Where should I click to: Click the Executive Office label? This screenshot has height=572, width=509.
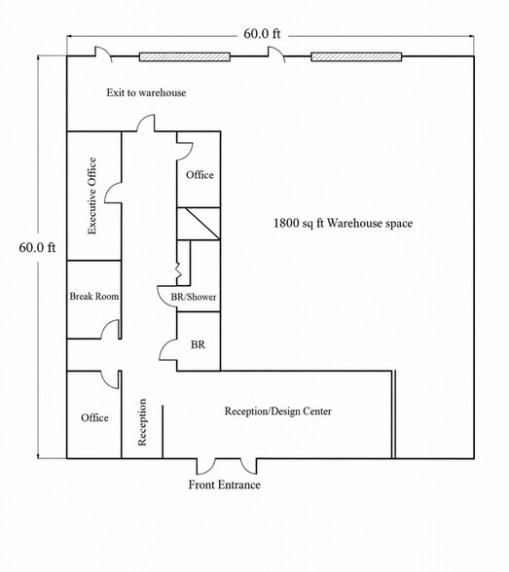coord(92,196)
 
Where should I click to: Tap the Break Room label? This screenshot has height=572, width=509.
coord(94,296)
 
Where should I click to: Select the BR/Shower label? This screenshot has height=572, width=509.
coord(194,297)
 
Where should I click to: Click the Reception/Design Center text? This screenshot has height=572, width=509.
coord(278,411)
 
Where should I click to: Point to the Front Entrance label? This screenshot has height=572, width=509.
coord(225,484)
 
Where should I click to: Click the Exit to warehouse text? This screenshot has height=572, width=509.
coord(146,92)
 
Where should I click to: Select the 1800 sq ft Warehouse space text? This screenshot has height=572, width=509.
coord(343,223)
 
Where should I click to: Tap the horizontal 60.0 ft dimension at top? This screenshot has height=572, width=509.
coord(262,34)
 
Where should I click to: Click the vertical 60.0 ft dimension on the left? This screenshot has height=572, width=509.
coord(37,248)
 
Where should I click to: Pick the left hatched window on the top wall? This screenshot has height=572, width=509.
coord(185,56)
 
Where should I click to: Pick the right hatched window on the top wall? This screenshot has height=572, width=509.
coord(356,56)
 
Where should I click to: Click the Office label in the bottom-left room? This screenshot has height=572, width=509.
coord(94,417)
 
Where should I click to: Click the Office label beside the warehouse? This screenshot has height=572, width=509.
coord(200,175)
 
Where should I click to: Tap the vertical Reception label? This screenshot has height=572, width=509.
coord(142,422)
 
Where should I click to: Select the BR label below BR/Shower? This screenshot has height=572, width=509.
coord(198,344)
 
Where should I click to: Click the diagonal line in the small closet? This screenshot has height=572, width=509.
coord(202,224)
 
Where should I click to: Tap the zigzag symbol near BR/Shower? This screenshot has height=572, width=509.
coord(178,270)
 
